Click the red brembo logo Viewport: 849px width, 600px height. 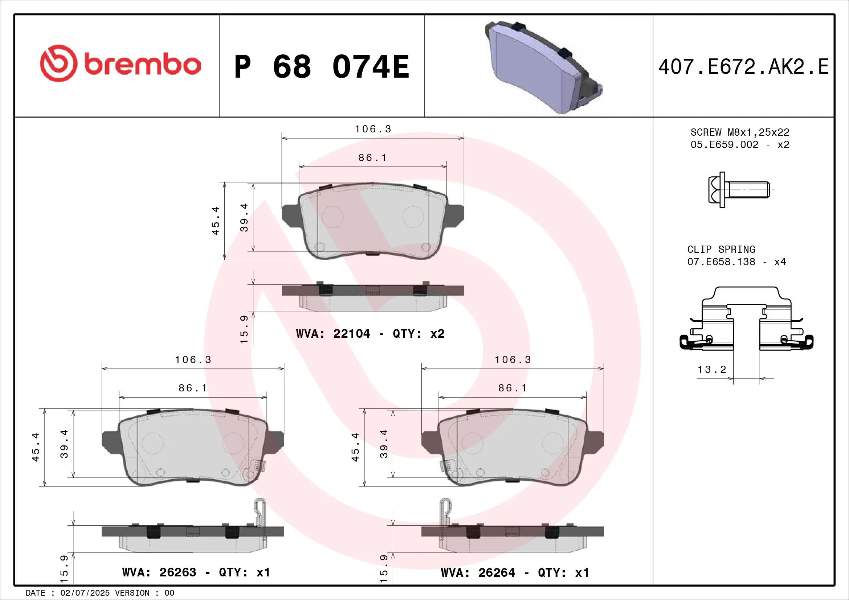[120, 64]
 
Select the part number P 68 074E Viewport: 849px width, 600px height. [322, 67]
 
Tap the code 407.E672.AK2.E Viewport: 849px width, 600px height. [743, 67]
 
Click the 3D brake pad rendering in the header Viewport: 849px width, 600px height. [544, 66]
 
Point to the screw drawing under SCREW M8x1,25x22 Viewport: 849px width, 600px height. [738, 190]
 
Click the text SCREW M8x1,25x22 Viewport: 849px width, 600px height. [739, 132]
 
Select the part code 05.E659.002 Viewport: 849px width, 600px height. [724, 144]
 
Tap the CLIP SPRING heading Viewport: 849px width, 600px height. [721, 249]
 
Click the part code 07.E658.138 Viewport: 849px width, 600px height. [721, 262]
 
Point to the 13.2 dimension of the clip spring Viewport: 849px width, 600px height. [712, 369]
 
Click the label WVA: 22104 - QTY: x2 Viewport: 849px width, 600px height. [370, 334]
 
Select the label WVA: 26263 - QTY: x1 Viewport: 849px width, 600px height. [196, 572]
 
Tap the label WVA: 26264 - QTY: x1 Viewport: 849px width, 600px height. [515, 573]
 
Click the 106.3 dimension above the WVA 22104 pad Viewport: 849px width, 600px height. [373, 129]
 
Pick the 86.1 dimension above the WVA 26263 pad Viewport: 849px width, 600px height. [193, 388]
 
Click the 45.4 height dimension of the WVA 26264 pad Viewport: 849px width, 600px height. [355, 447]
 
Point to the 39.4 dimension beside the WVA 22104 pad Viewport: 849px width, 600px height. [244, 218]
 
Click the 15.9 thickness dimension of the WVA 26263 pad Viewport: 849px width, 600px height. [64, 568]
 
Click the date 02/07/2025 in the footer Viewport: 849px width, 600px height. [85, 593]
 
